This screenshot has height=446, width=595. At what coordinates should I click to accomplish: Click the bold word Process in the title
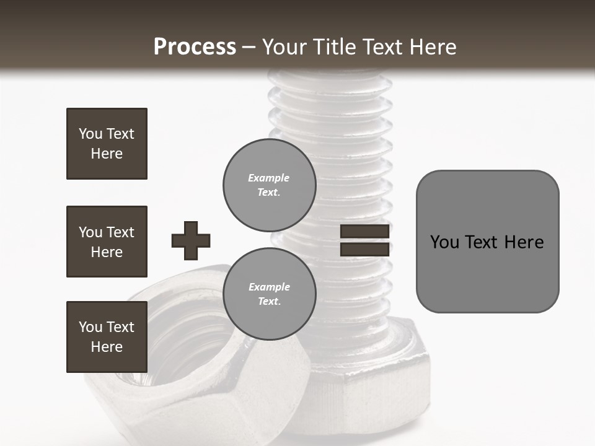point(195,47)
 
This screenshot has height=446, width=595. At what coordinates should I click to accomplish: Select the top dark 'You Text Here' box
point(107,144)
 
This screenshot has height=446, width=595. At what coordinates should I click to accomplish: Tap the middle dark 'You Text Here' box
point(107,242)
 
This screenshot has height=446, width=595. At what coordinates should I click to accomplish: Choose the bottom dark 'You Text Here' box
point(107,337)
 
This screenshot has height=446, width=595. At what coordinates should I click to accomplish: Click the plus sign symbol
point(191,240)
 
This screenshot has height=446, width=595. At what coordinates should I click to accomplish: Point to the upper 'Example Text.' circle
point(269,185)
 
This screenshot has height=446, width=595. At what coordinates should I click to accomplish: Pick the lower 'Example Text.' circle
point(269,294)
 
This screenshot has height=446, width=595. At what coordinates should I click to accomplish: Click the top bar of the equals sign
point(364,232)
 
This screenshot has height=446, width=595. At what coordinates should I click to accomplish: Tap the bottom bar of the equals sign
point(364,250)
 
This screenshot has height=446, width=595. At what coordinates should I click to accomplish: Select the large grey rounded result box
point(487,242)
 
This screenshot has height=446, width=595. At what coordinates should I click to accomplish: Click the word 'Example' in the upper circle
point(269,178)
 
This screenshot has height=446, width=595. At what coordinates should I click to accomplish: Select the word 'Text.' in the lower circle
point(269,302)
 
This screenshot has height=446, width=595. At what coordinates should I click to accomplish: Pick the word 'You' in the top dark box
point(90,134)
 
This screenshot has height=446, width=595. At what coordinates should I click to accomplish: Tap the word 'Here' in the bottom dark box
point(107,347)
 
